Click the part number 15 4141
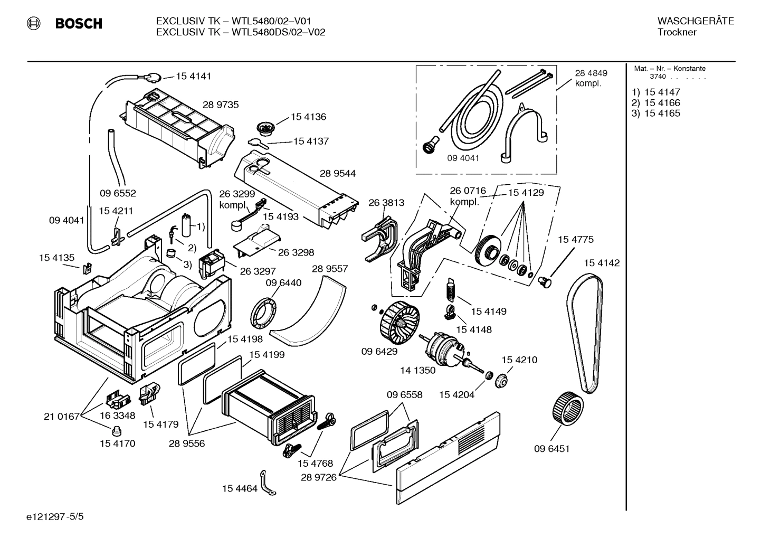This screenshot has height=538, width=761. tap(193, 76)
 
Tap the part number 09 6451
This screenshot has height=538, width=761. tap(551, 449)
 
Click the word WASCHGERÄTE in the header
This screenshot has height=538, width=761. tap(695, 21)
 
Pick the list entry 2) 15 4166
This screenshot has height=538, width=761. tap(656, 103)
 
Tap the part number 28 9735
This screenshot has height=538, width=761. tap(221, 105)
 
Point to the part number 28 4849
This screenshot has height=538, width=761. tap(591, 73)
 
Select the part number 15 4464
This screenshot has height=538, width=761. tap(240, 488)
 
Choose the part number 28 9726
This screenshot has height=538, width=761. tap(318, 477)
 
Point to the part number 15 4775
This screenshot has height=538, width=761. tap(576, 240)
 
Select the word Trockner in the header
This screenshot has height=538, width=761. tap(677, 32)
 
